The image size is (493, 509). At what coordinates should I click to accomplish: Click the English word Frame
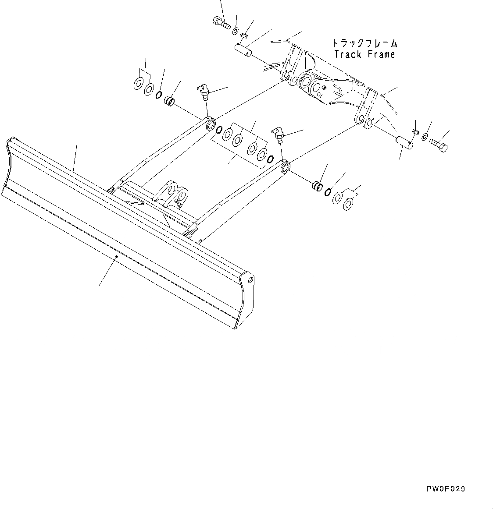tap(379, 54)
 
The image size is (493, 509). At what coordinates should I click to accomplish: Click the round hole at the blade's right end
tap(250, 279)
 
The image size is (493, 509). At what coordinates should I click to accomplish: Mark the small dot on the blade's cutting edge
tap(116, 257)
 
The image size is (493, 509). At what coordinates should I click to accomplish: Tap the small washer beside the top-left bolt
tap(236, 31)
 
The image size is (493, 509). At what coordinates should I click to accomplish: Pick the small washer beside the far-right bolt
tap(425, 138)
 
